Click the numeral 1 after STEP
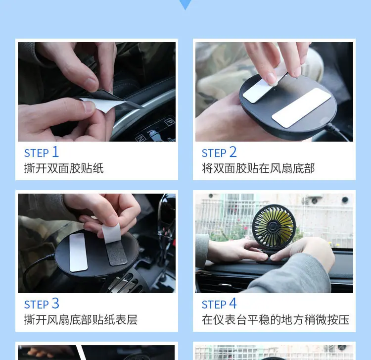[55, 152]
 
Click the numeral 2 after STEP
[233, 152]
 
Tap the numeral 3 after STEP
[55, 303]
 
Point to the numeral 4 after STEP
[233, 303]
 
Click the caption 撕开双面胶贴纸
[64, 168]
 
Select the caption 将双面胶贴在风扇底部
[258, 168]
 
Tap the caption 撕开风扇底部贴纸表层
[81, 320]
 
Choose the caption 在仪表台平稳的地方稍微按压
[276, 320]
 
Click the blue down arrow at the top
[185, 4]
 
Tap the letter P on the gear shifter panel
[170, 122]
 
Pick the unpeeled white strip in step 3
[79, 252]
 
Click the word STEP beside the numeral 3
[37, 305]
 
